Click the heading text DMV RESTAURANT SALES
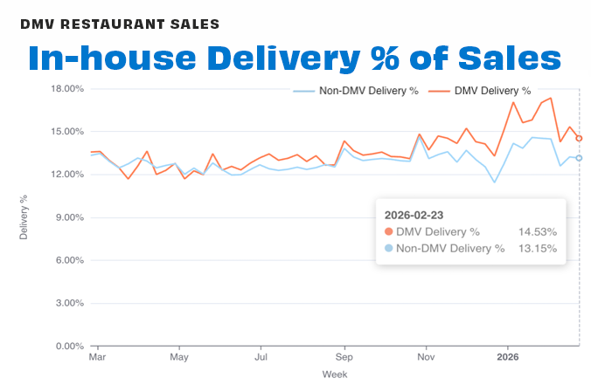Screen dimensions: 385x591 121,23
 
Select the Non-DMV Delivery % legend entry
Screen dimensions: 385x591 355,90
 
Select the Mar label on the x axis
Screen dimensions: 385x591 97,357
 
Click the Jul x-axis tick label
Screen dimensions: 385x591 261,357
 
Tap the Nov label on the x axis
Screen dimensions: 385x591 426,357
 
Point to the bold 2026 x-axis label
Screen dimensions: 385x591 508,357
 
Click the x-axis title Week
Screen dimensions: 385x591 335,374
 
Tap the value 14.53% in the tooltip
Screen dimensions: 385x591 538,231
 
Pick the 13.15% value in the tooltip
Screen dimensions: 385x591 538,248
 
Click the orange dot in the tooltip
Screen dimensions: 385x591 389,231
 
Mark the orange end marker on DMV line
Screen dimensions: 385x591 579,139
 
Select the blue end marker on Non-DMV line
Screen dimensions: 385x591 579,158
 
